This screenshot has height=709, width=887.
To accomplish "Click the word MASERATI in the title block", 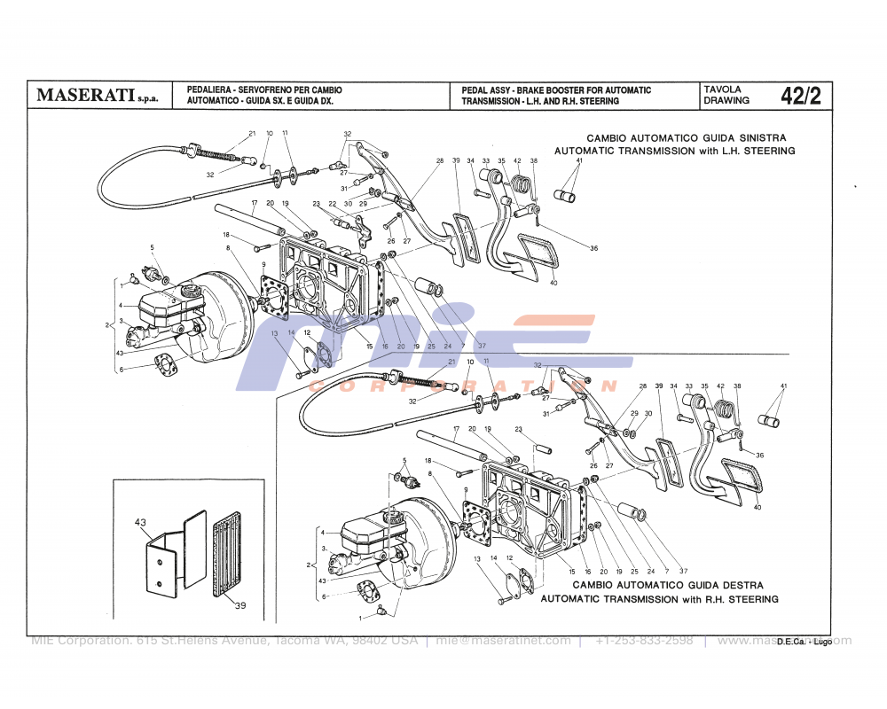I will pos(85,96).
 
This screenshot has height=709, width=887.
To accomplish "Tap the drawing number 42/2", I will pos(801,96).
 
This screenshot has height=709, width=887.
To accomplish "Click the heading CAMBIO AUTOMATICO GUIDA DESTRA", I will pos(667,585).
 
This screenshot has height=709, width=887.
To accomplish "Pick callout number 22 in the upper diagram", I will pos(332,204).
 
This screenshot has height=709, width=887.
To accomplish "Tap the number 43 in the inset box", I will pos(139,523).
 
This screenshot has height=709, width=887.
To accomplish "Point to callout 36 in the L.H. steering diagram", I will pos(593,248).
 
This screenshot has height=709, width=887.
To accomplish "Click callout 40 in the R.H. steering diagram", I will pos(757,508).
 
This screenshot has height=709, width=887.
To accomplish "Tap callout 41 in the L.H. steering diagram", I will pos(578,160).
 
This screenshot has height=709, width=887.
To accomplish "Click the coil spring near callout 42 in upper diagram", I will pos(524,183).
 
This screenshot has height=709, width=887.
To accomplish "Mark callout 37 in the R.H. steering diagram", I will pos(683,571).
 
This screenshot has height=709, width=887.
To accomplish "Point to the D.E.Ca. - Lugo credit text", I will pos(804,642).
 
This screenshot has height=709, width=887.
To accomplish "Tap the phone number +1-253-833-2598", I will pos(644,641).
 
